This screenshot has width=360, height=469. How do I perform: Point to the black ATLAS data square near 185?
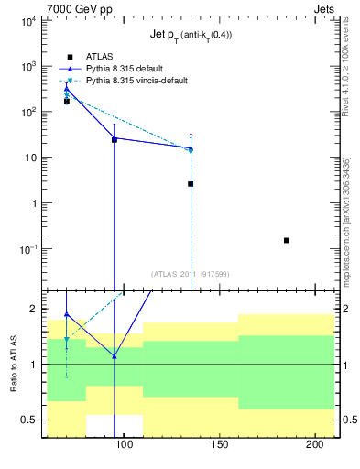point(287,240)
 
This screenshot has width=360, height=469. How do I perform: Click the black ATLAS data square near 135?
point(191,184)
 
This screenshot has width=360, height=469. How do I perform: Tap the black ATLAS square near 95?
point(115,140)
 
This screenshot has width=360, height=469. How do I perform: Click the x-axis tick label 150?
point(219,446)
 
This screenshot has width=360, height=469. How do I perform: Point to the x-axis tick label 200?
point(314,446)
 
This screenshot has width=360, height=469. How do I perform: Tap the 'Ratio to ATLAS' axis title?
point(12,365)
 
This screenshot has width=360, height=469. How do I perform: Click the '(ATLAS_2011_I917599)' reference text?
point(190,273)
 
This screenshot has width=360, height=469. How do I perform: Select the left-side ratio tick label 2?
point(32,310)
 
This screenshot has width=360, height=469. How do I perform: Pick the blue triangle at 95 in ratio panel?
point(115,355)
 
